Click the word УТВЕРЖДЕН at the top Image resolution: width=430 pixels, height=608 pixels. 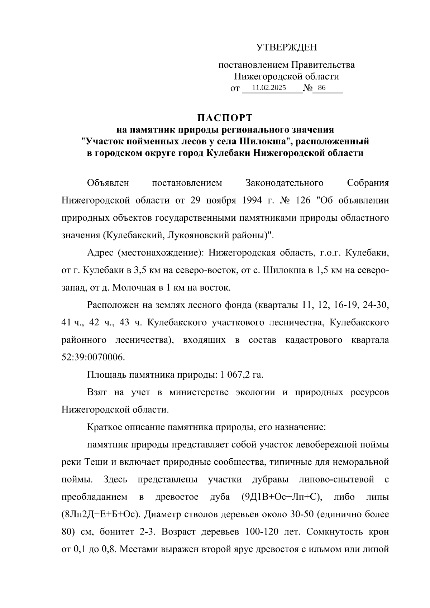pyautogui.click(x=286, y=47)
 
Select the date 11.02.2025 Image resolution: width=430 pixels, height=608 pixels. pyautogui.click(x=269, y=88)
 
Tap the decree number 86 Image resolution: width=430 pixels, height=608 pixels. pyautogui.click(x=321, y=88)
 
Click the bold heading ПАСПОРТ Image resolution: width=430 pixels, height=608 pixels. pyautogui.click(x=225, y=118)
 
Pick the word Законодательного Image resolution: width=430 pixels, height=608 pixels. pyautogui.click(x=285, y=183)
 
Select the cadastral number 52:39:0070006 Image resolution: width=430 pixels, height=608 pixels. pyautogui.click(x=93, y=357)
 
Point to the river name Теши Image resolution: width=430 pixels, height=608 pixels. pyautogui.click(x=94, y=462)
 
